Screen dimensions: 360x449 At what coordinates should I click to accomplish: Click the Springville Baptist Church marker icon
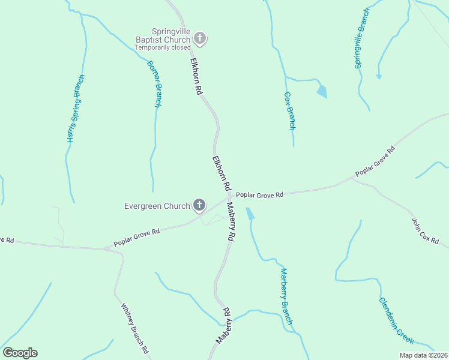pyautogui.click(x=200, y=40)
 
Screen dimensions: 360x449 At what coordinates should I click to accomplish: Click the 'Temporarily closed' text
pyautogui.click(x=162, y=47)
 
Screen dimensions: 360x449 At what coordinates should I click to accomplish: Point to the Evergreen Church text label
pyautogui.click(x=157, y=206)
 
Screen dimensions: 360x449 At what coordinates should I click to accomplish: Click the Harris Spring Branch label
pyautogui.click(x=74, y=109)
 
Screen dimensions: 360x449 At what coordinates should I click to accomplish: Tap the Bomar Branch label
pyautogui.click(x=154, y=83)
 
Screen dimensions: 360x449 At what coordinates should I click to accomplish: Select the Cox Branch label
pyautogui.click(x=289, y=111)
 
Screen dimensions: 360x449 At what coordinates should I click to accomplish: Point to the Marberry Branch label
pyautogui.click(x=286, y=296)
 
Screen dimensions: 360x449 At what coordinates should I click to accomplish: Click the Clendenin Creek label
pyautogui.click(x=396, y=320)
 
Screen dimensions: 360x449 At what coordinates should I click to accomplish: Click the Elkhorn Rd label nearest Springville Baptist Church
pyautogui.click(x=196, y=76)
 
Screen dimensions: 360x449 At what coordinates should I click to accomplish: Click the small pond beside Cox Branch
pyautogui.click(x=322, y=91)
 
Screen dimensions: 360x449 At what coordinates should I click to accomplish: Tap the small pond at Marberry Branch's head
pyautogui.click(x=250, y=214)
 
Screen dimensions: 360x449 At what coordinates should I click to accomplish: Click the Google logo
pyautogui.click(x=20, y=353)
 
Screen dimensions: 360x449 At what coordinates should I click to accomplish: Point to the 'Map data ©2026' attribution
pyautogui.click(x=423, y=355)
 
